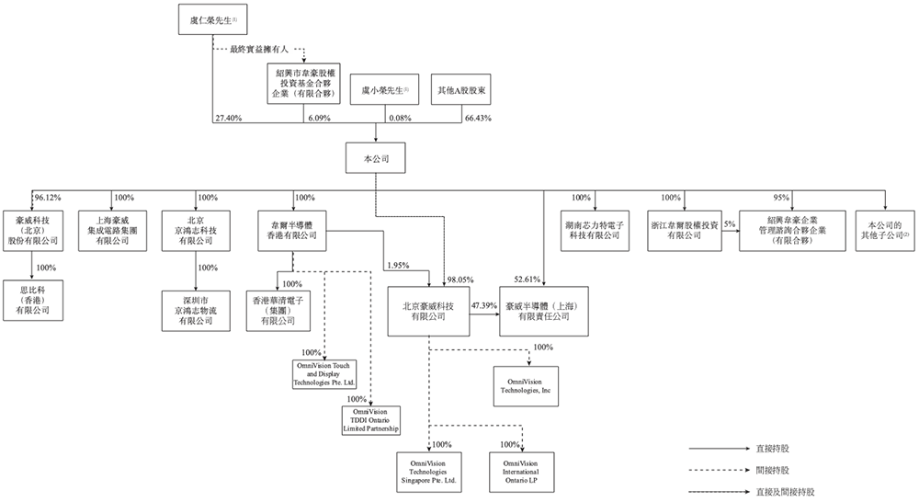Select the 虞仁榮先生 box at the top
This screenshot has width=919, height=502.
coord(212,19)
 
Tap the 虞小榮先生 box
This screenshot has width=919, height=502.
coord(384,89)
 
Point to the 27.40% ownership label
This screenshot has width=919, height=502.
coord(227,120)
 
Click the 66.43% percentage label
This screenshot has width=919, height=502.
coord(477,120)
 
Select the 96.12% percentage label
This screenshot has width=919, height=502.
coord(47,198)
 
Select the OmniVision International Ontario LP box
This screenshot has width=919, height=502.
coord(521,469)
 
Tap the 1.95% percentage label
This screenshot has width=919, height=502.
coord(398,266)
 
